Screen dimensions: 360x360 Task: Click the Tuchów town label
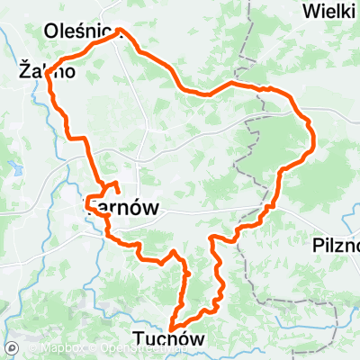167,338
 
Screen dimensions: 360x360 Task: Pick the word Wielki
329,12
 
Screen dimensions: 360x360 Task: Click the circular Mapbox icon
13,348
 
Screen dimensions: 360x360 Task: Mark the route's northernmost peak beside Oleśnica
120,31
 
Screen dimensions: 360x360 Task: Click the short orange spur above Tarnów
115,186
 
